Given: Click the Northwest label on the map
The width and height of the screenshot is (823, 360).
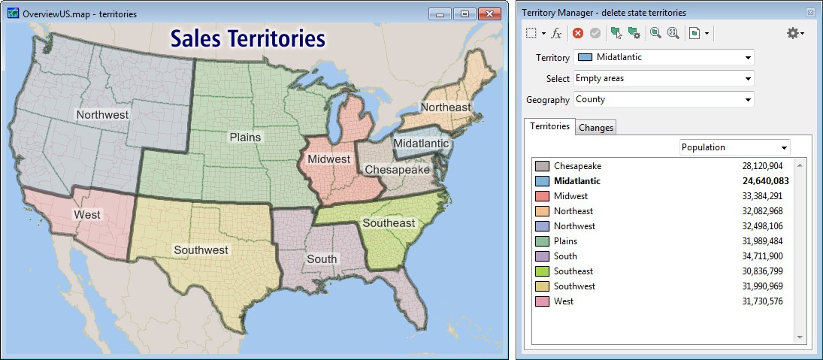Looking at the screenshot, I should tap(102, 115).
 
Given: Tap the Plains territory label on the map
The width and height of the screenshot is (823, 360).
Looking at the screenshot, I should tap(245, 137).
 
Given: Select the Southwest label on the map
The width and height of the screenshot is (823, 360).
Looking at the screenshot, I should tap(201, 250).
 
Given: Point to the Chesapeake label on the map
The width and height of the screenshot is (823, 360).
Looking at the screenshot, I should tap(397, 170).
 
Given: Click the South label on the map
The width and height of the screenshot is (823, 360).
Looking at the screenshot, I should tap(322, 259).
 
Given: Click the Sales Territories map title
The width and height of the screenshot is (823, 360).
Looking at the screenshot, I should tap(247, 39).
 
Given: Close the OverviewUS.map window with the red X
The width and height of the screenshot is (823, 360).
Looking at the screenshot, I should tap(489, 14).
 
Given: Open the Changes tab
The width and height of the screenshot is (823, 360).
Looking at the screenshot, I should tap(596, 128).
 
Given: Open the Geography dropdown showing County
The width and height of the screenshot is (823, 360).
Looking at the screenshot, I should tap(664, 99).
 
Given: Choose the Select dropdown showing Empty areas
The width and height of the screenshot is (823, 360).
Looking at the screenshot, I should tap(664, 78).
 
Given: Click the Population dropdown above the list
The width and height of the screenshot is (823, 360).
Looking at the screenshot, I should tap(734, 147).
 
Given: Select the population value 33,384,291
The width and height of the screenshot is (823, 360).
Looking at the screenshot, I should tap(762, 196).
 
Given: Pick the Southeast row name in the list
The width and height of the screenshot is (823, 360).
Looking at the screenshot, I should tap(573, 271).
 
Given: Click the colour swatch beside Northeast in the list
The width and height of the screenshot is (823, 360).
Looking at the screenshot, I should tap(542, 211).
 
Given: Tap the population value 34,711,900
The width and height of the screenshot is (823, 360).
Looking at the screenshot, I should tap(762, 256).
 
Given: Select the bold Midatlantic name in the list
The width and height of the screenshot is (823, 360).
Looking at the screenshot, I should tap(577, 181).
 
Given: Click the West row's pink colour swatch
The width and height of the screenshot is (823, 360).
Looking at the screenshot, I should tap(542, 301).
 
